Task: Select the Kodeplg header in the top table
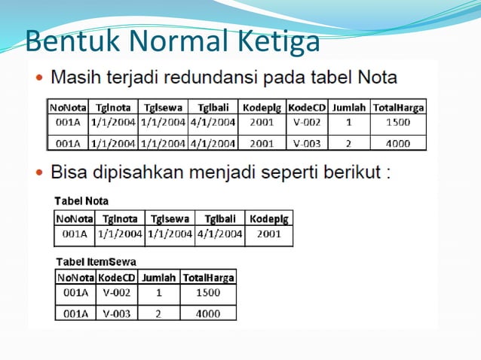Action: pos(262,108)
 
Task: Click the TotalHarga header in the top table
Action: pos(397,108)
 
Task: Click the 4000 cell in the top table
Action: pos(397,142)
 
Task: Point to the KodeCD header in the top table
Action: pos(307,108)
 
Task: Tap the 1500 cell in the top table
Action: pos(397,122)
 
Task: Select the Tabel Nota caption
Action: pos(81,201)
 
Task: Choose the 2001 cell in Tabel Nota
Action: pos(269,234)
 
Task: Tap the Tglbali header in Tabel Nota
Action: pos(220,218)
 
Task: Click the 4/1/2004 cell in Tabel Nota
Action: pos(220,234)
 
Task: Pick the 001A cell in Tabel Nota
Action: pos(75,234)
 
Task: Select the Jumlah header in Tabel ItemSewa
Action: pos(158,277)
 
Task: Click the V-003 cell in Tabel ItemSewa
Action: pos(117,313)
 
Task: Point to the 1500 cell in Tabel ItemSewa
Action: pos(207,292)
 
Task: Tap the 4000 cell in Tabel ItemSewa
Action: pos(207,313)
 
